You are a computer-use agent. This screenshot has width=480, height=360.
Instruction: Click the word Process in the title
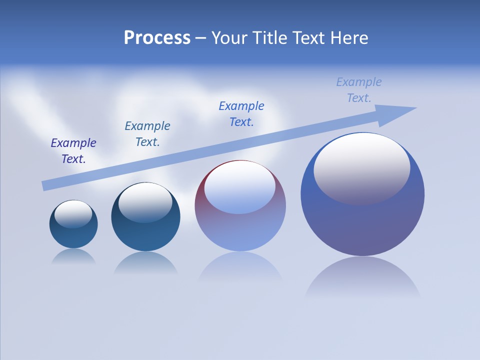157,38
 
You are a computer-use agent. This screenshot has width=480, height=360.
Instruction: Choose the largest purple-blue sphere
362,225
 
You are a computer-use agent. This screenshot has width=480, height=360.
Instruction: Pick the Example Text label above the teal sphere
147,134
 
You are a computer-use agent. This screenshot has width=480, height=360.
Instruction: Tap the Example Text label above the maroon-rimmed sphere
241,114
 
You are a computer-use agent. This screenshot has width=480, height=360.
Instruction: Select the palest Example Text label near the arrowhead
359,90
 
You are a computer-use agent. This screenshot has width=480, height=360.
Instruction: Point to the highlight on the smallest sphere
73,212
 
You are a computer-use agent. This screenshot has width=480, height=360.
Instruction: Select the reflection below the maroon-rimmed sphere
240,267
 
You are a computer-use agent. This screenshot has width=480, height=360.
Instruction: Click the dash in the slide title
201,38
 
